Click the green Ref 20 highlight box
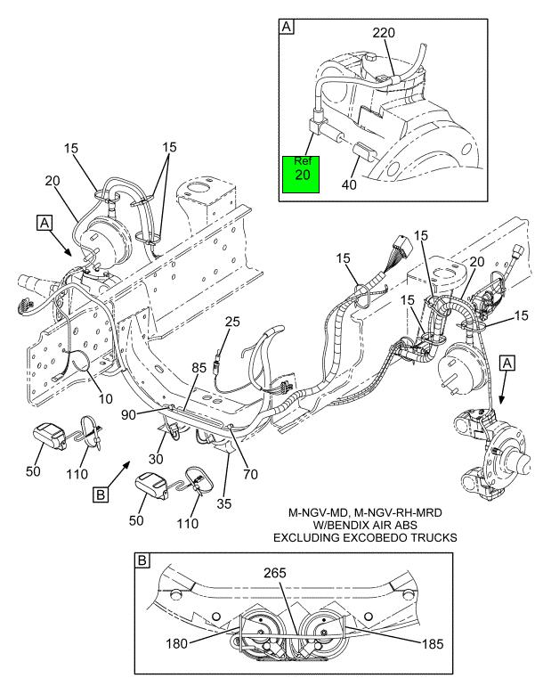point(301,175)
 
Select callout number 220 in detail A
point(384,32)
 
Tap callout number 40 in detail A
point(349,184)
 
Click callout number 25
point(232,322)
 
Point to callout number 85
point(199,368)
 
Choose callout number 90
point(128,414)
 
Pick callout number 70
point(250,474)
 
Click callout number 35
point(223,503)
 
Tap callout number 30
point(156,459)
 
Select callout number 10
point(105,398)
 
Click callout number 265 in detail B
point(275,573)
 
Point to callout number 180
point(176,644)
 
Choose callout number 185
point(433,644)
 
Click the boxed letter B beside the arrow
point(101,494)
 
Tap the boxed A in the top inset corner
point(287,27)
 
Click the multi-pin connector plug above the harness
point(401,248)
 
